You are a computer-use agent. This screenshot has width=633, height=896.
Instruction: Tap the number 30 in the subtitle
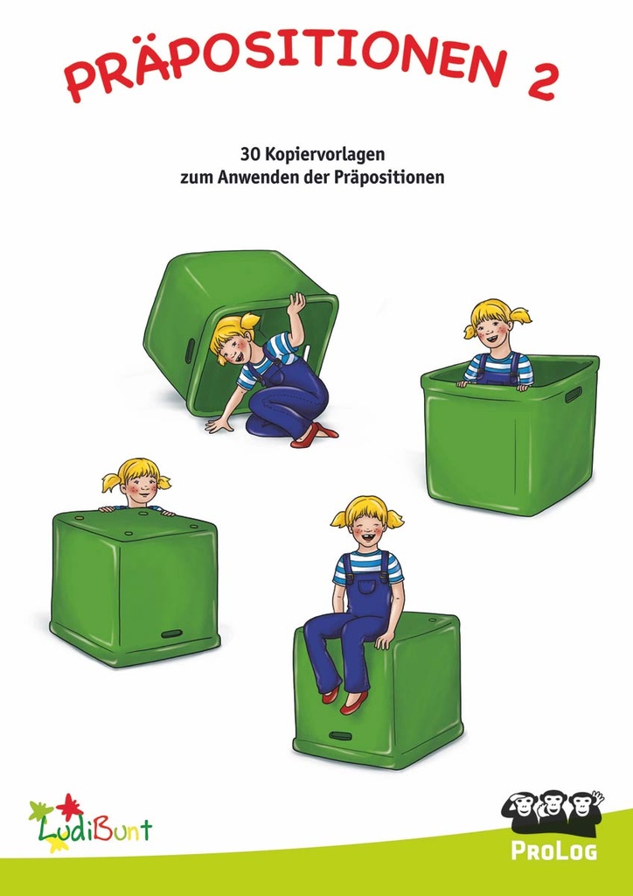tap(249, 155)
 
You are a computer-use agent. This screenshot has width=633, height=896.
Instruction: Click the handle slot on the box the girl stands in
tap(573, 395)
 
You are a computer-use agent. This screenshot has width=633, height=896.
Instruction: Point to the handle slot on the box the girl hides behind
tap(171, 633)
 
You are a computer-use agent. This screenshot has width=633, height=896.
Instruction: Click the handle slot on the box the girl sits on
tap(340, 735)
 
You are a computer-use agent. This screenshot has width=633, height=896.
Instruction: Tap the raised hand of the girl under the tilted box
tap(297, 303)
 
